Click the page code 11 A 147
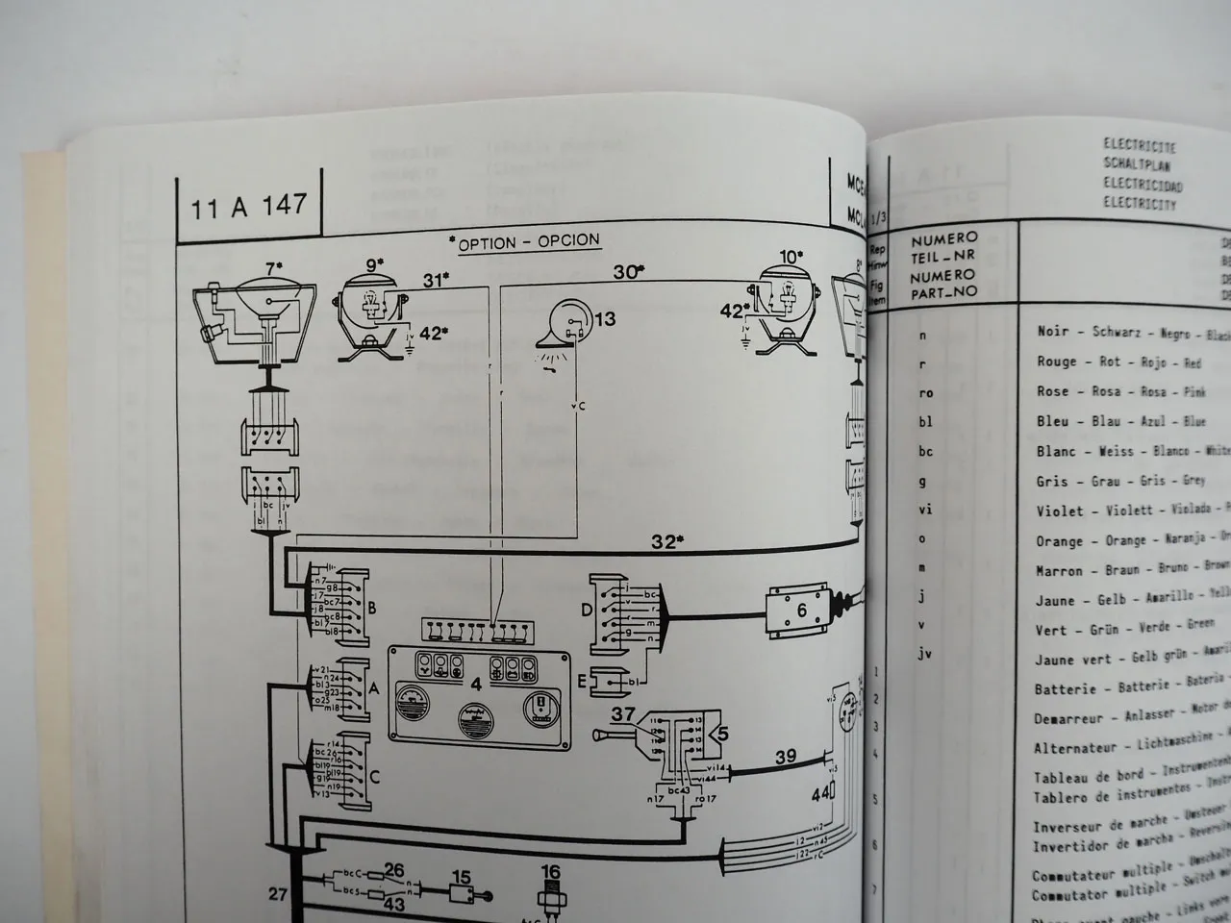point(249,206)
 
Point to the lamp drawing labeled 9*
point(370,314)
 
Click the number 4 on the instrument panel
point(476,685)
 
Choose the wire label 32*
point(666,541)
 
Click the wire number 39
point(786,758)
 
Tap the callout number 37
point(623,713)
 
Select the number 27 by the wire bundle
point(278,894)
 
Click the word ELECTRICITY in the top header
point(1139,204)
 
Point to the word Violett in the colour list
point(1118,511)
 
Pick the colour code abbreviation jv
point(926,654)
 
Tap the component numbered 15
point(464,879)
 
